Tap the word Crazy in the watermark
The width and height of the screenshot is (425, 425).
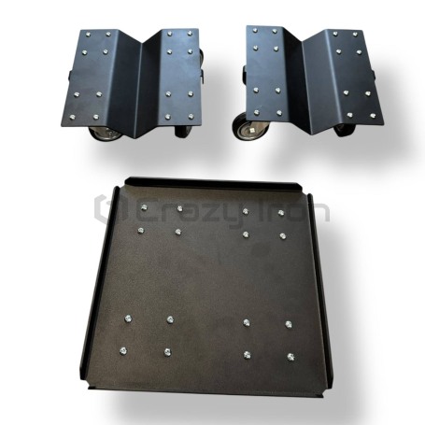click(190, 212)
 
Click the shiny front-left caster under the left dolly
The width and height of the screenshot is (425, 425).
click(106, 134)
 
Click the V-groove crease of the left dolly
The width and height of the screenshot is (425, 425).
click(139, 91)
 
